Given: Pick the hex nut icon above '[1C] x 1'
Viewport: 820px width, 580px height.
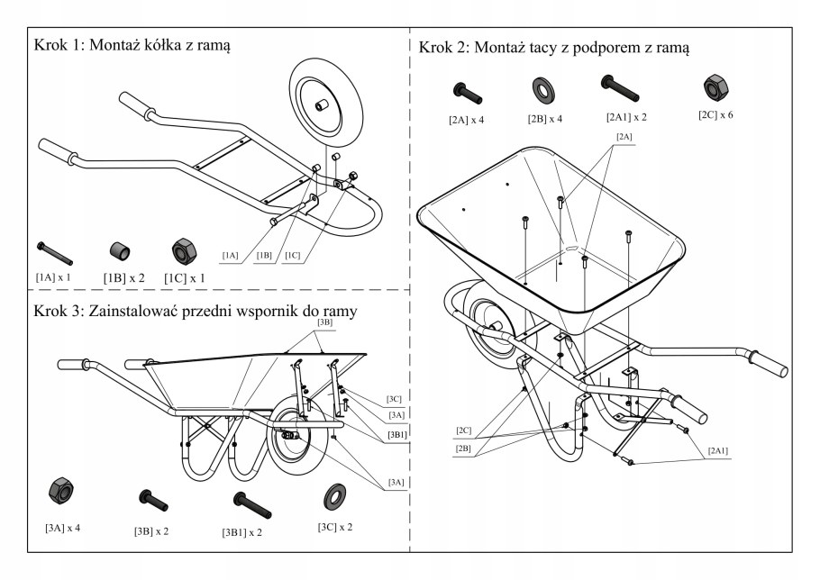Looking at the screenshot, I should [184, 249].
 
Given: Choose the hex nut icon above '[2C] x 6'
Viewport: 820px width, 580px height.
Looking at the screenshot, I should [715, 88].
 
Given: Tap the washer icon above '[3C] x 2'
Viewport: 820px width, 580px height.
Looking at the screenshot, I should [335, 495].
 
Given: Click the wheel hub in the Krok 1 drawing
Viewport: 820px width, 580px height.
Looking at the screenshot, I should [321, 106].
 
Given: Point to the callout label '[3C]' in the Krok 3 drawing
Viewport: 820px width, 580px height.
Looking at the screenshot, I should [394, 398].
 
